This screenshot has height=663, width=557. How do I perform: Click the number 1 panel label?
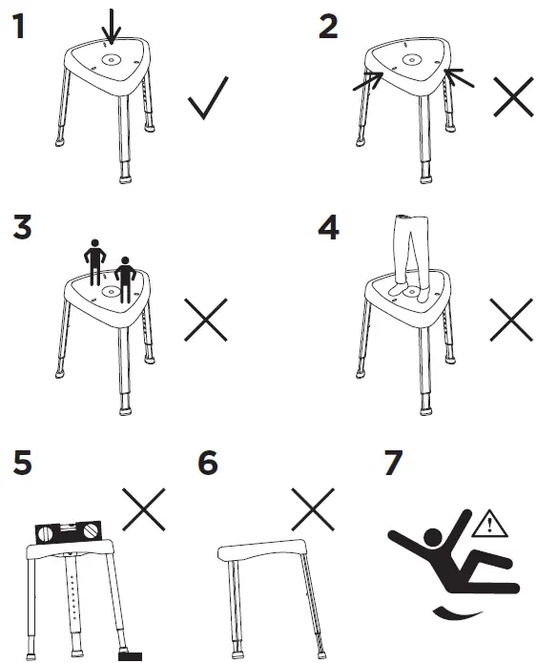[x=17, y=27]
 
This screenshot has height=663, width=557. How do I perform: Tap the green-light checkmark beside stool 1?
[x=209, y=98]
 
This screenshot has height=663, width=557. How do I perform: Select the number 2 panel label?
[x=327, y=27]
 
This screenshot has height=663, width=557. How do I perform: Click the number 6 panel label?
[x=207, y=464]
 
